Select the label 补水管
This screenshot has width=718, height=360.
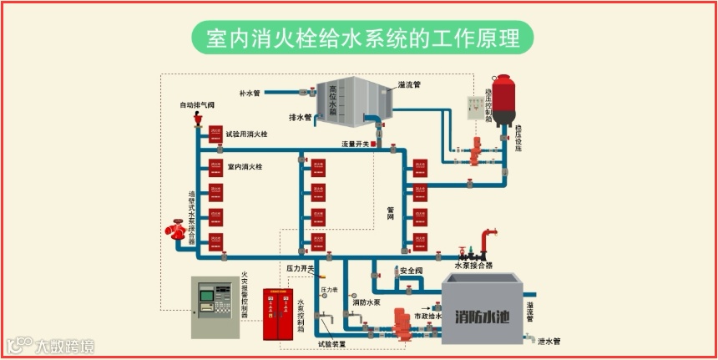pos(250,93)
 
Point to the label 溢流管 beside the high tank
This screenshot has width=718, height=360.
pos(409,84)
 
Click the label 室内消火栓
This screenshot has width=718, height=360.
pos(245,167)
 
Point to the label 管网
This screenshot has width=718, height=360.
pos(390,214)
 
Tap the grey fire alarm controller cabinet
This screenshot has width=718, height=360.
pos(215,307)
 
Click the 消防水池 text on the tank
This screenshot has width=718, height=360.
pos(482,317)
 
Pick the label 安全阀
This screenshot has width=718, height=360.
pos(412,271)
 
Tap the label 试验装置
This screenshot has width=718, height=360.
pos(331,343)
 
